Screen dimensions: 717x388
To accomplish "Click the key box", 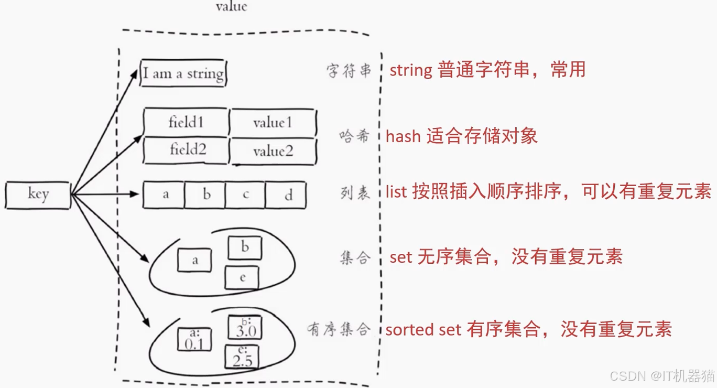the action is click(x=38, y=195).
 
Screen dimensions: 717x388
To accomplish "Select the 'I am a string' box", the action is click(x=183, y=73).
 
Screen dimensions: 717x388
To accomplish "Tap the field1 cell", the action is click(x=186, y=123).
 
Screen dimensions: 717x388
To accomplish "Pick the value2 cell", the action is click(x=273, y=152).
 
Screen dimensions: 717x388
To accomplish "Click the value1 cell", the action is click(x=273, y=123).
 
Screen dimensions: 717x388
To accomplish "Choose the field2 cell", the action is click(x=187, y=150).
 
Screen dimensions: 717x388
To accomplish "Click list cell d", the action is click(x=286, y=196).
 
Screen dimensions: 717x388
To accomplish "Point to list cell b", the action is click(x=206, y=196).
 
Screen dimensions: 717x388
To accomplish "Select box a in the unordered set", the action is click(x=194, y=260).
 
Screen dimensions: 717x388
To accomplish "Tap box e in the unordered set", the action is click(x=242, y=278).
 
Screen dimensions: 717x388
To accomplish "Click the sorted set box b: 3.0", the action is click(x=245, y=328).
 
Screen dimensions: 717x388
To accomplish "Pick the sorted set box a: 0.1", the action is click(x=195, y=340).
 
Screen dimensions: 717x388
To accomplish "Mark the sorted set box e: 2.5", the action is click(x=242, y=357).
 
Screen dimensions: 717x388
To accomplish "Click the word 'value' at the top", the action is click(x=231, y=7).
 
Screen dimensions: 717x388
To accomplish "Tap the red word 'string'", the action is click(x=411, y=70).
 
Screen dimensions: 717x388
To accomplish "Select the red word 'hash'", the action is click(x=403, y=136).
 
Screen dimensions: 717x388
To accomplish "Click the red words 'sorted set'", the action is click(x=423, y=329).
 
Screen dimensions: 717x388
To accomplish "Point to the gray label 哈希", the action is click(x=354, y=136).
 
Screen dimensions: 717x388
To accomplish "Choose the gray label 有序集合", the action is click(x=339, y=329).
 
